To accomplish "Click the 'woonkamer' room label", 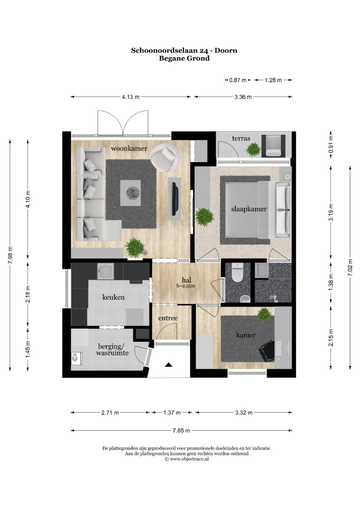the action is (129, 149).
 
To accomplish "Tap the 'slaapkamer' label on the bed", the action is (249, 209).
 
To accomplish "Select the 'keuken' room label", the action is (113, 297).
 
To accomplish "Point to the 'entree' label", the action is (168, 318).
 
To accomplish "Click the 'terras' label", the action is (241, 138).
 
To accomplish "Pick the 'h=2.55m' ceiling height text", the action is (186, 286).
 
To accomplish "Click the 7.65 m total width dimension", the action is (181, 430).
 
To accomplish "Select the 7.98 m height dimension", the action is (10, 255).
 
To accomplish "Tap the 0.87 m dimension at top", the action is (238, 80).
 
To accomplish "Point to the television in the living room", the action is (175, 199).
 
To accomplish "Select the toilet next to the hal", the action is (238, 272).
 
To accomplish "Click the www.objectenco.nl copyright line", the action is (187, 459).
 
